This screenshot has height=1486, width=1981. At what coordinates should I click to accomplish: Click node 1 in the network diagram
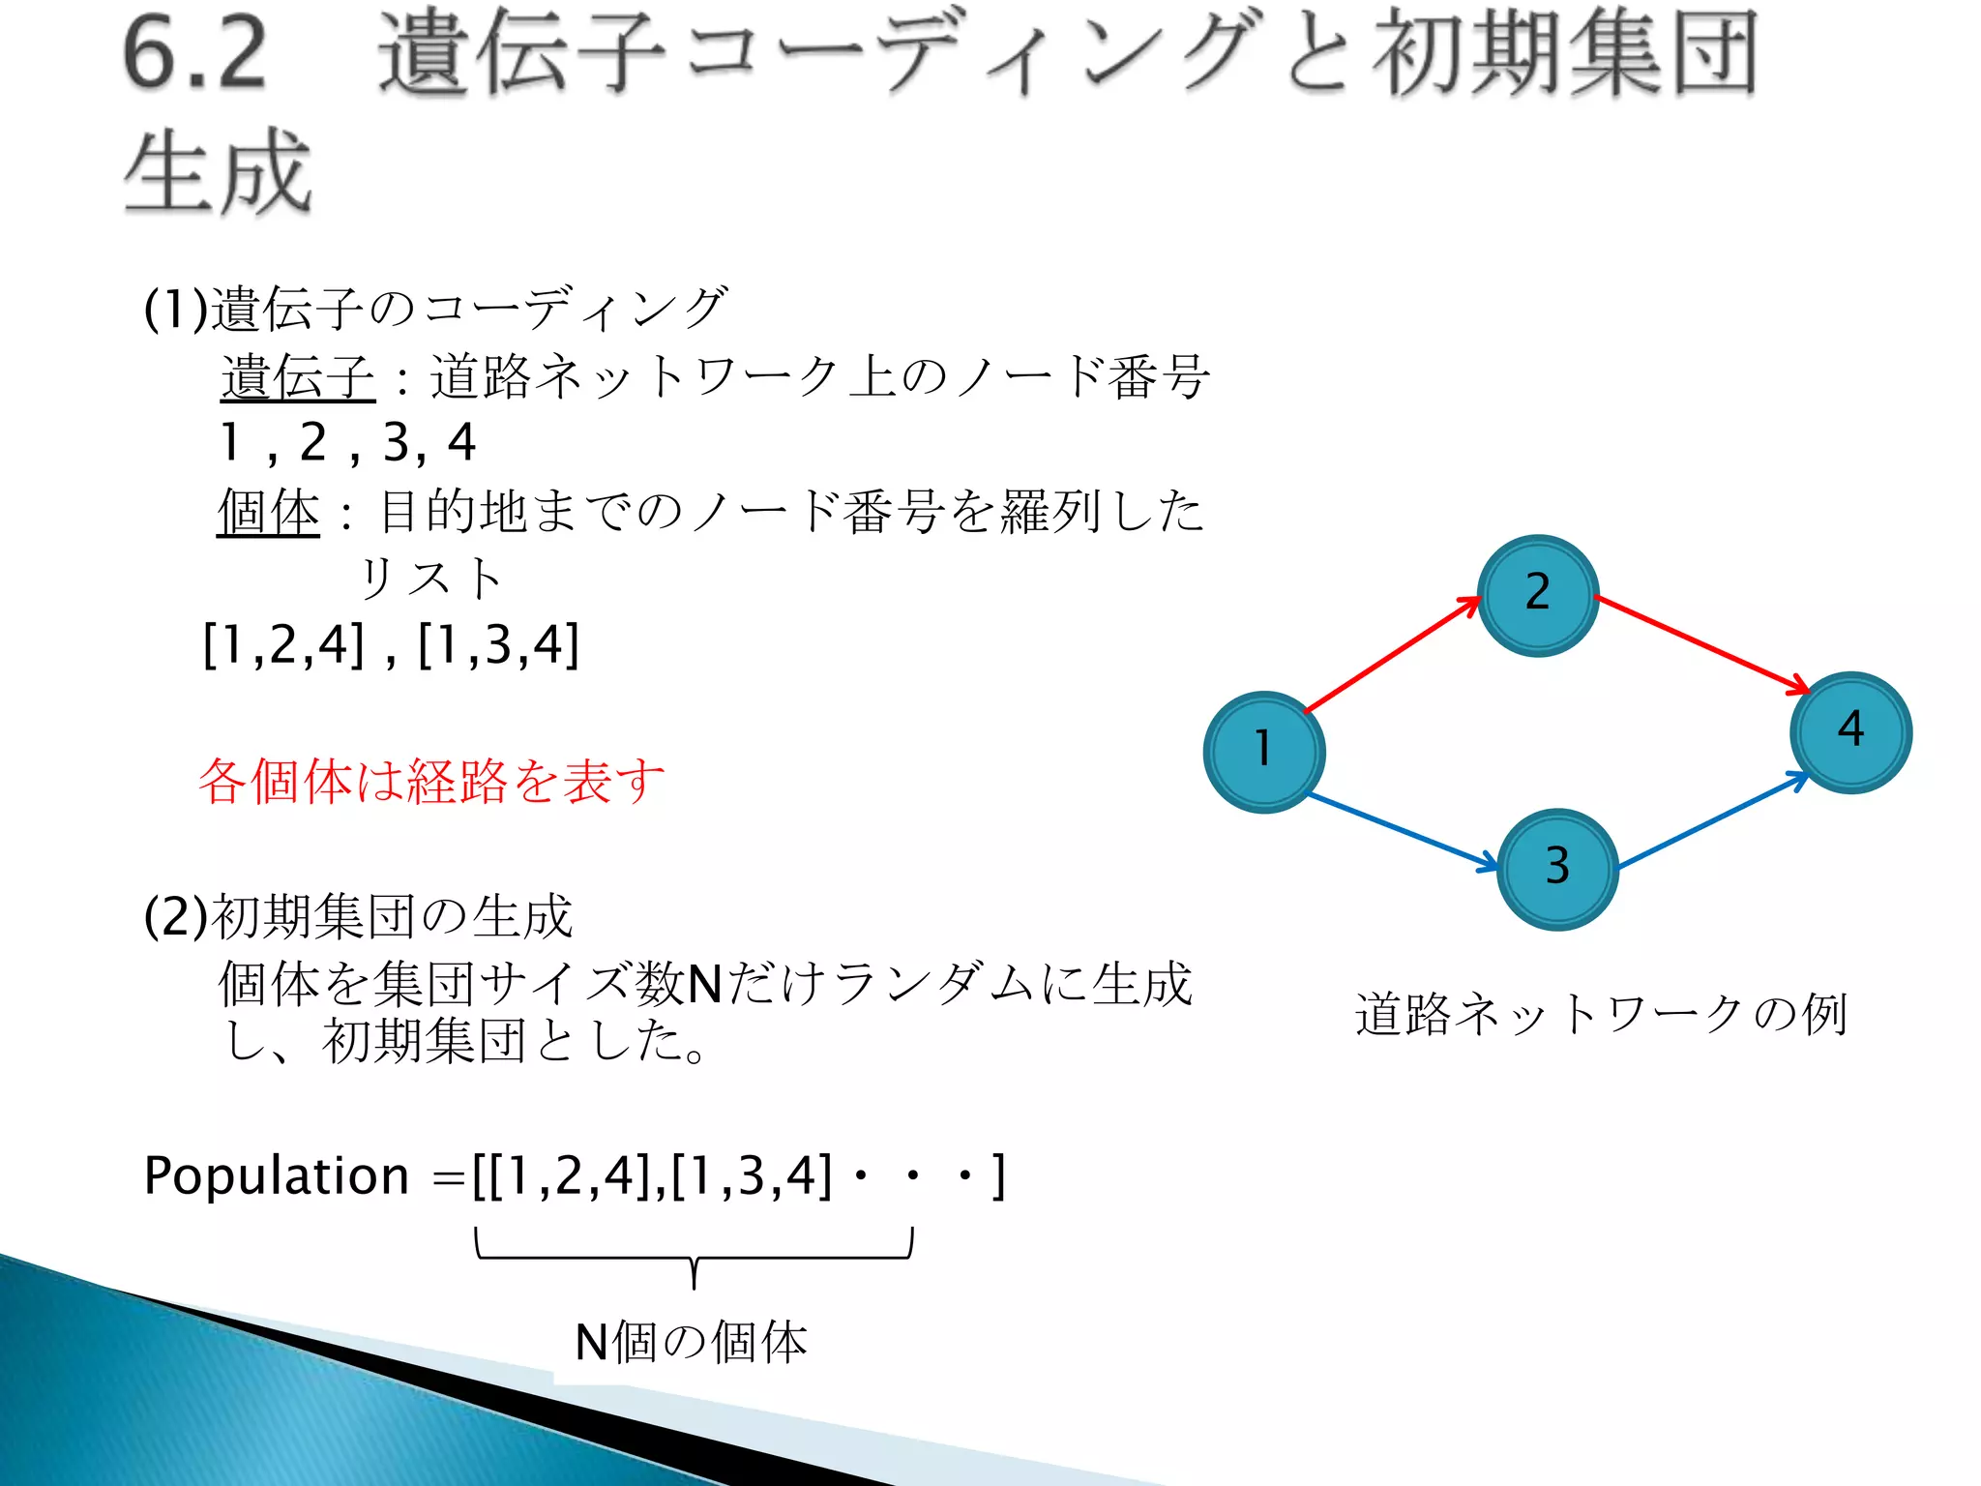click(x=1264, y=753)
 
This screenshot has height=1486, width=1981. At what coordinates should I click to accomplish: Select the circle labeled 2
click(x=1538, y=596)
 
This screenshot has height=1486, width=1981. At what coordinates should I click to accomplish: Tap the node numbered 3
click(x=1557, y=869)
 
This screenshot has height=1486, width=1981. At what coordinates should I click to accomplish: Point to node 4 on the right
click(x=1850, y=732)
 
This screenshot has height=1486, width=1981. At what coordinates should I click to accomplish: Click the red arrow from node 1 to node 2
click(x=1393, y=655)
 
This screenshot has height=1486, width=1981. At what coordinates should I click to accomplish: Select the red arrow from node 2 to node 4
click(x=1702, y=644)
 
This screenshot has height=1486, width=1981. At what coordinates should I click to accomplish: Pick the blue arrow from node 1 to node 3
click(x=1403, y=831)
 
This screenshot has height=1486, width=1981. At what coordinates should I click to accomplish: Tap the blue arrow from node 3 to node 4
click(x=1712, y=820)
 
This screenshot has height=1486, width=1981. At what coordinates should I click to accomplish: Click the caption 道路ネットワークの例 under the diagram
click(x=1601, y=1014)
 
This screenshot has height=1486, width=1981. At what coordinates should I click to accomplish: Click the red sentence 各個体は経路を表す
click(x=431, y=781)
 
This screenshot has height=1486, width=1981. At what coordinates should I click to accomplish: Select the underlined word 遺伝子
click(x=297, y=377)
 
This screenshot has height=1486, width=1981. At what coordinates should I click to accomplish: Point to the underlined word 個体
click(x=268, y=511)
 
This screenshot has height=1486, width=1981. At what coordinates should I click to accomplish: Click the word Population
click(x=276, y=1176)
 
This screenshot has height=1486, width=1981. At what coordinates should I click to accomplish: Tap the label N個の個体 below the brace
click(x=691, y=1343)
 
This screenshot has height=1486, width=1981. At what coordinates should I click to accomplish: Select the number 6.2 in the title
click(x=194, y=54)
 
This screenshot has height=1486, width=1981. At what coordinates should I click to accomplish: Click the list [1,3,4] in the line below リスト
click(x=498, y=645)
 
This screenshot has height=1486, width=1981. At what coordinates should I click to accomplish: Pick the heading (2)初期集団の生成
click(x=358, y=916)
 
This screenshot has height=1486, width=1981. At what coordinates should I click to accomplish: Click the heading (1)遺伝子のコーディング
click(x=435, y=309)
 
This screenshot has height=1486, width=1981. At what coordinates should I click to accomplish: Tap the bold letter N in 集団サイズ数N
click(x=704, y=985)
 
